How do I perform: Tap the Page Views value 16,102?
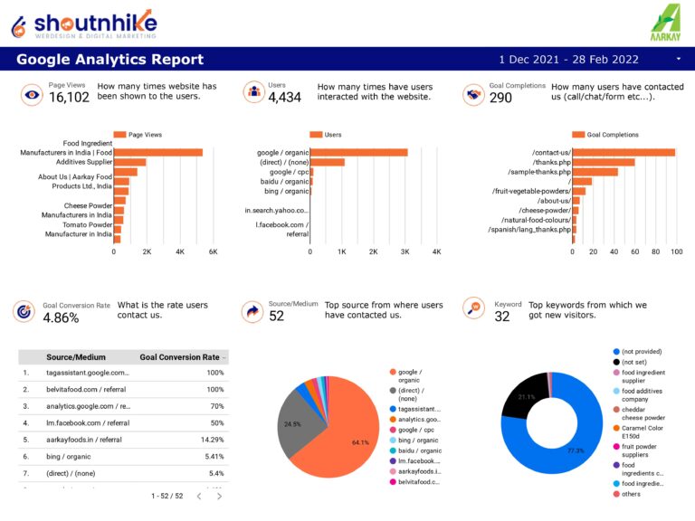tap(69, 98)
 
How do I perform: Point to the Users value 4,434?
tap(284, 98)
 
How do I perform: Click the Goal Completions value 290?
tap(500, 98)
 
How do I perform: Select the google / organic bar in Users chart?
tap(358, 153)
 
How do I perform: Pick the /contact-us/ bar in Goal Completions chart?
tap(624, 153)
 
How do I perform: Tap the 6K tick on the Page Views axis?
tap(214, 251)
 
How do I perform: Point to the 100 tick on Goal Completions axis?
tap(675, 251)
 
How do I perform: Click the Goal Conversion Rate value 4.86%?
tap(61, 317)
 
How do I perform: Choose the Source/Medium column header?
tap(75, 357)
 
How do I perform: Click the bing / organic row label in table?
tap(72, 456)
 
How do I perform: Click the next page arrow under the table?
tap(219, 496)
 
